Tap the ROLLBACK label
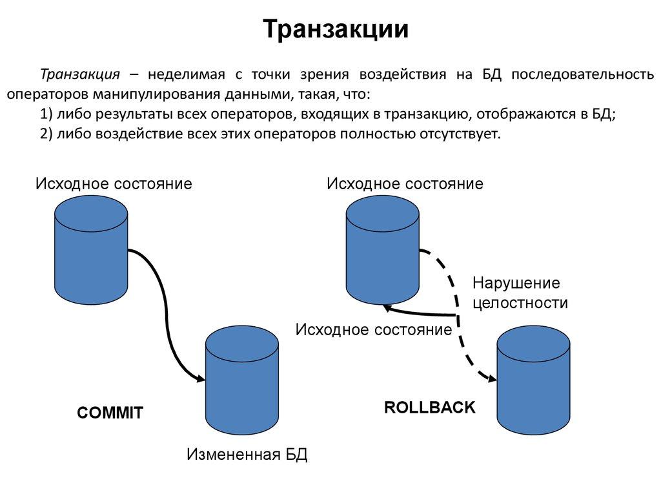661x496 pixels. click(x=429, y=408)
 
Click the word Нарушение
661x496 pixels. click(x=515, y=283)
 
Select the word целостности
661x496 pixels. click(x=520, y=302)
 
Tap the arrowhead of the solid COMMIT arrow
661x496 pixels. click(x=200, y=380)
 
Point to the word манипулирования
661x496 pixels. click(x=157, y=94)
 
